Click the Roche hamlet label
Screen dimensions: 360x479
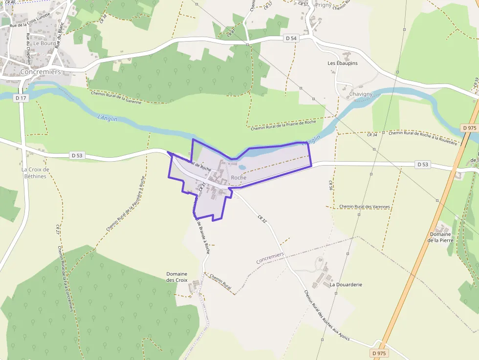coord(239,177)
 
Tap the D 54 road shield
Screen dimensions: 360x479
coord(291,38)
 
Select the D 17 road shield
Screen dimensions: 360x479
coord(20,98)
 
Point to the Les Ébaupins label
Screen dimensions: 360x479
coord(343,64)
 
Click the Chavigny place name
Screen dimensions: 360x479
coord(361,94)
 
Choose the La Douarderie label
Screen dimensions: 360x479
coord(346,284)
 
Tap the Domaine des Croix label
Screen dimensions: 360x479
coord(177,277)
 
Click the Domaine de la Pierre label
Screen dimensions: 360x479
coord(440,237)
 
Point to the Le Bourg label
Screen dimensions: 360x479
coord(45,43)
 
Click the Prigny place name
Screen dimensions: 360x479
coord(323,5)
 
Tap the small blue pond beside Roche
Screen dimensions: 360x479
coord(242,167)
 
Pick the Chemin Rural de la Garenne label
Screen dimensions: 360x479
coord(116,97)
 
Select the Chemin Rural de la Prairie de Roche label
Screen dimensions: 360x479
coord(283,125)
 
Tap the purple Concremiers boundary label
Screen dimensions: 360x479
coord(270,258)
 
